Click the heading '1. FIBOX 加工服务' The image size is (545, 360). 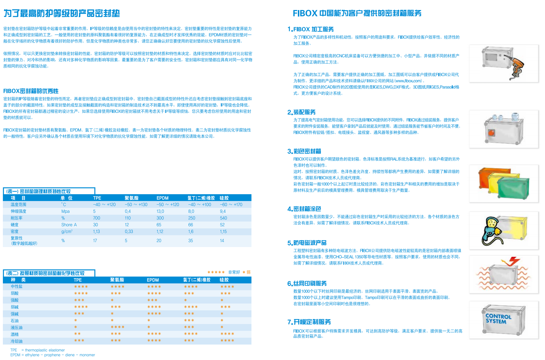[310, 29]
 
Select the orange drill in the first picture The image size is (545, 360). [514, 67]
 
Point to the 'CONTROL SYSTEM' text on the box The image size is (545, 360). [498, 319]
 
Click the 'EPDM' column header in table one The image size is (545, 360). [163, 198]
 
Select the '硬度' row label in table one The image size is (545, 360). [14, 225]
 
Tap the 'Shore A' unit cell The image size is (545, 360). [69, 225]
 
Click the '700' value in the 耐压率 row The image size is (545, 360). [96, 218]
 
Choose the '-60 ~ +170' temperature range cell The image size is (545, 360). [231, 205]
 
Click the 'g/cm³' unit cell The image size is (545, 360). [67, 232]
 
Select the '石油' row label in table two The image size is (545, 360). [14, 321]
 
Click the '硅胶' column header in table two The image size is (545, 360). [224, 280]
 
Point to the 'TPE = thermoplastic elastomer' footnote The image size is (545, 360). [37, 350]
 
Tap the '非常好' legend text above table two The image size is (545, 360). [234, 272]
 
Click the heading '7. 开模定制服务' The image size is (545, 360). [309, 322]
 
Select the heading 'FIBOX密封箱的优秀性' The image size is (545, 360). [31, 91]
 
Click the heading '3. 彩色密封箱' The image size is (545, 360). [304, 151]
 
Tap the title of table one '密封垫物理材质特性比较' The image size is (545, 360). [45, 191]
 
